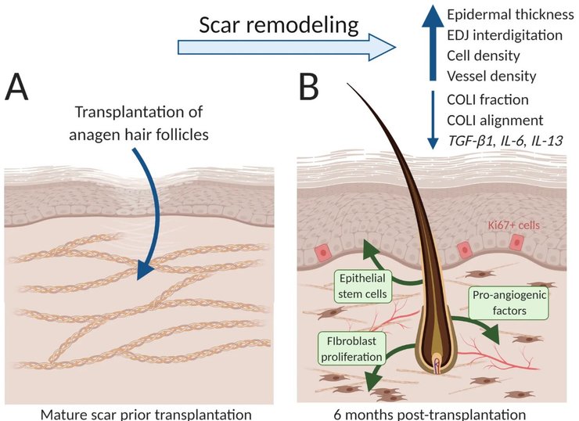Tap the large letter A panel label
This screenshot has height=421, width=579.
pyautogui.click(x=21, y=88)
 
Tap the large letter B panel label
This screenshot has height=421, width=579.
pyautogui.click(x=308, y=88)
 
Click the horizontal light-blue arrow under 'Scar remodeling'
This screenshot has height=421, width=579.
pyautogui.click(x=285, y=48)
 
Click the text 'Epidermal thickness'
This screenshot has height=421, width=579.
pyautogui.click(x=502, y=15)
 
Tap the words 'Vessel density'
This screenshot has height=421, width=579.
pyautogui.click(x=491, y=76)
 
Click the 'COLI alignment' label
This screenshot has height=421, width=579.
pyautogui.click(x=494, y=120)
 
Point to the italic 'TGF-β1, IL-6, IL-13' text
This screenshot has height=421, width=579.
pyautogui.click(x=505, y=140)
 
